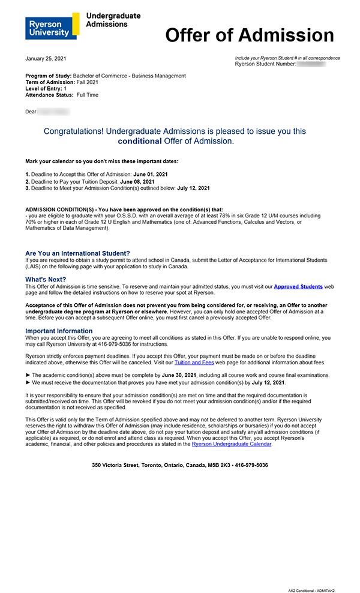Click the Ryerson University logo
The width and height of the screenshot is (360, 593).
click(x=52, y=26)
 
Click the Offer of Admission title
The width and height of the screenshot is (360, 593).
click(x=249, y=35)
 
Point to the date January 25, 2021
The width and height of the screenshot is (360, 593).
click(x=46, y=58)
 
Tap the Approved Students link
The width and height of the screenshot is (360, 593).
click(x=298, y=287)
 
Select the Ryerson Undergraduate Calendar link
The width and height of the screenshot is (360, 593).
click(x=232, y=444)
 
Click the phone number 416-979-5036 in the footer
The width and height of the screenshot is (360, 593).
click(x=248, y=465)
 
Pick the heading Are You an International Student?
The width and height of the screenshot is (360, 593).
click(x=77, y=253)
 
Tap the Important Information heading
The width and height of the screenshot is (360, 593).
click(x=59, y=331)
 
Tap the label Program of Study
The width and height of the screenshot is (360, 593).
click(x=48, y=76)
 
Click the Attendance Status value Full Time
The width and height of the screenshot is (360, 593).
click(x=88, y=95)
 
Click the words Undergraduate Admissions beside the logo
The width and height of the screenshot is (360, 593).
click(x=113, y=20)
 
